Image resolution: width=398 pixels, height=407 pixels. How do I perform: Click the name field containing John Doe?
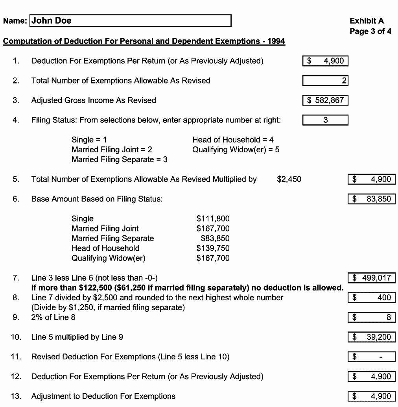point(130,21)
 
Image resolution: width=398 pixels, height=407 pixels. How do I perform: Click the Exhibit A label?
point(367,21)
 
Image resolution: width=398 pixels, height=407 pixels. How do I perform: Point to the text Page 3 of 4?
point(370,31)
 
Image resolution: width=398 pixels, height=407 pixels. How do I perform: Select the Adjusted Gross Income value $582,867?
point(325,100)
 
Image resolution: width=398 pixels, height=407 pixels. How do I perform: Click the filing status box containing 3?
point(325,120)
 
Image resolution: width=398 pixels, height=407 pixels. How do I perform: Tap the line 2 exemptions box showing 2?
point(325,81)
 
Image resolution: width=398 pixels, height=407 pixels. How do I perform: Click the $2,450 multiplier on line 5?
point(289,179)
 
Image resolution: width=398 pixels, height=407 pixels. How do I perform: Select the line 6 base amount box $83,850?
point(372,199)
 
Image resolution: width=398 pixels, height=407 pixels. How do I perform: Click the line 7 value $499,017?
point(372,278)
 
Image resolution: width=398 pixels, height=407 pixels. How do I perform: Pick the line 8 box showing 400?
point(372,298)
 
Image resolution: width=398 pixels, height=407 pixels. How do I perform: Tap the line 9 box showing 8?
point(372,317)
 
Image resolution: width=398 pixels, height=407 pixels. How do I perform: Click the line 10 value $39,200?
point(372,337)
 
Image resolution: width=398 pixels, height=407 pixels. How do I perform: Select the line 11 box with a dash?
point(372,357)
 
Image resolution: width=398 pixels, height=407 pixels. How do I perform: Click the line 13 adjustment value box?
point(372,396)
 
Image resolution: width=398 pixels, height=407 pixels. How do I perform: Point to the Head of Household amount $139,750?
point(213,248)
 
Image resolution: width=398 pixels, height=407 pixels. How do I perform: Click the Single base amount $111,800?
point(213,219)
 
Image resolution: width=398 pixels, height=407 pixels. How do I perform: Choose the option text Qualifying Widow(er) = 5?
point(236,150)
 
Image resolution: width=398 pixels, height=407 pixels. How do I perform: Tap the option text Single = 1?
point(89,140)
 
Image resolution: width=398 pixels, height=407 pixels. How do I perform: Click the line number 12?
point(16,377)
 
